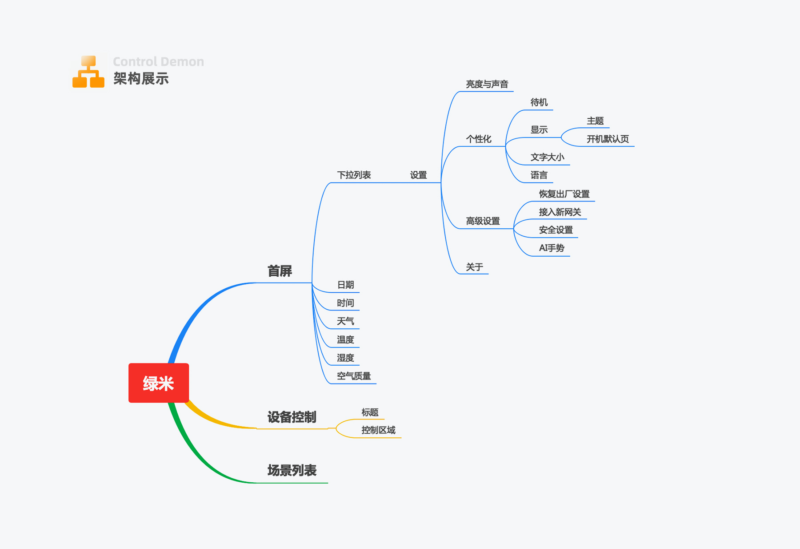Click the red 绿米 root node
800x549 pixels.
pyautogui.click(x=159, y=383)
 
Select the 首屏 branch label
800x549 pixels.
pyautogui.click(x=280, y=271)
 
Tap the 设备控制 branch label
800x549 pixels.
pyautogui.click(x=292, y=417)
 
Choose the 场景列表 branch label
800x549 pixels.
pyautogui.click(x=292, y=470)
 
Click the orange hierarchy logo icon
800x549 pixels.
pyautogui.click(x=88, y=72)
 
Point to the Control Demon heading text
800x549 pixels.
pyautogui.click(x=158, y=61)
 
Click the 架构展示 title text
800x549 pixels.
pyautogui.click(x=141, y=79)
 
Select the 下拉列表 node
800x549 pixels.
pyautogui.click(x=354, y=175)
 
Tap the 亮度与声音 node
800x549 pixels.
pyautogui.click(x=487, y=84)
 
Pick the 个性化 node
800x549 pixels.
pyautogui.click(x=478, y=139)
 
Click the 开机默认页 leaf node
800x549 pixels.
pyautogui.click(x=608, y=139)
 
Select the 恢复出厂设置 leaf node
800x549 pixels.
pyautogui.click(x=564, y=194)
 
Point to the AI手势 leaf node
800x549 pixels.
pyautogui.click(x=552, y=248)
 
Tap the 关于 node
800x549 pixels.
pyautogui.click(x=474, y=267)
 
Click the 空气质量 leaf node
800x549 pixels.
pyautogui.click(x=354, y=376)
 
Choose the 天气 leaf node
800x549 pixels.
pyautogui.click(x=345, y=321)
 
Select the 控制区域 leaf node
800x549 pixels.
pyautogui.click(x=378, y=430)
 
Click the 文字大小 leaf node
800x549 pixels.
pyautogui.click(x=547, y=157)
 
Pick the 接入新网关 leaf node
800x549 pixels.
pyautogui.click(x=560, y=212)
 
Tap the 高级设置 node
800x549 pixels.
pyautogui.click(x=483, y=221)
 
